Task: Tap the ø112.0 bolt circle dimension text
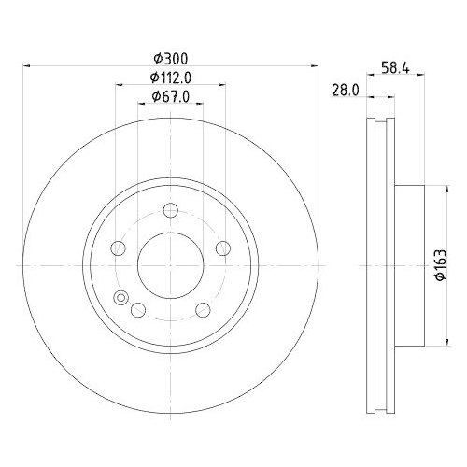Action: click(170, 78)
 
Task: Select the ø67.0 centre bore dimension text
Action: click(170, 97)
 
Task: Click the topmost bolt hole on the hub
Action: click(170, 210)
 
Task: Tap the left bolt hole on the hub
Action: click(118, 248)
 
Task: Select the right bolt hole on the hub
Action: click(223, 248)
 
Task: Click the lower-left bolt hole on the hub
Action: click(138, 310)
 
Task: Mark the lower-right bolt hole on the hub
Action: click(203, 310)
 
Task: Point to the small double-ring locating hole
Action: click(120, 298)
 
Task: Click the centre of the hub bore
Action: click(170, 265)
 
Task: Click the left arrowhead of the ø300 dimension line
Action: click(26, 66)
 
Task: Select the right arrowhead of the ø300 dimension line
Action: click(315, 66)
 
